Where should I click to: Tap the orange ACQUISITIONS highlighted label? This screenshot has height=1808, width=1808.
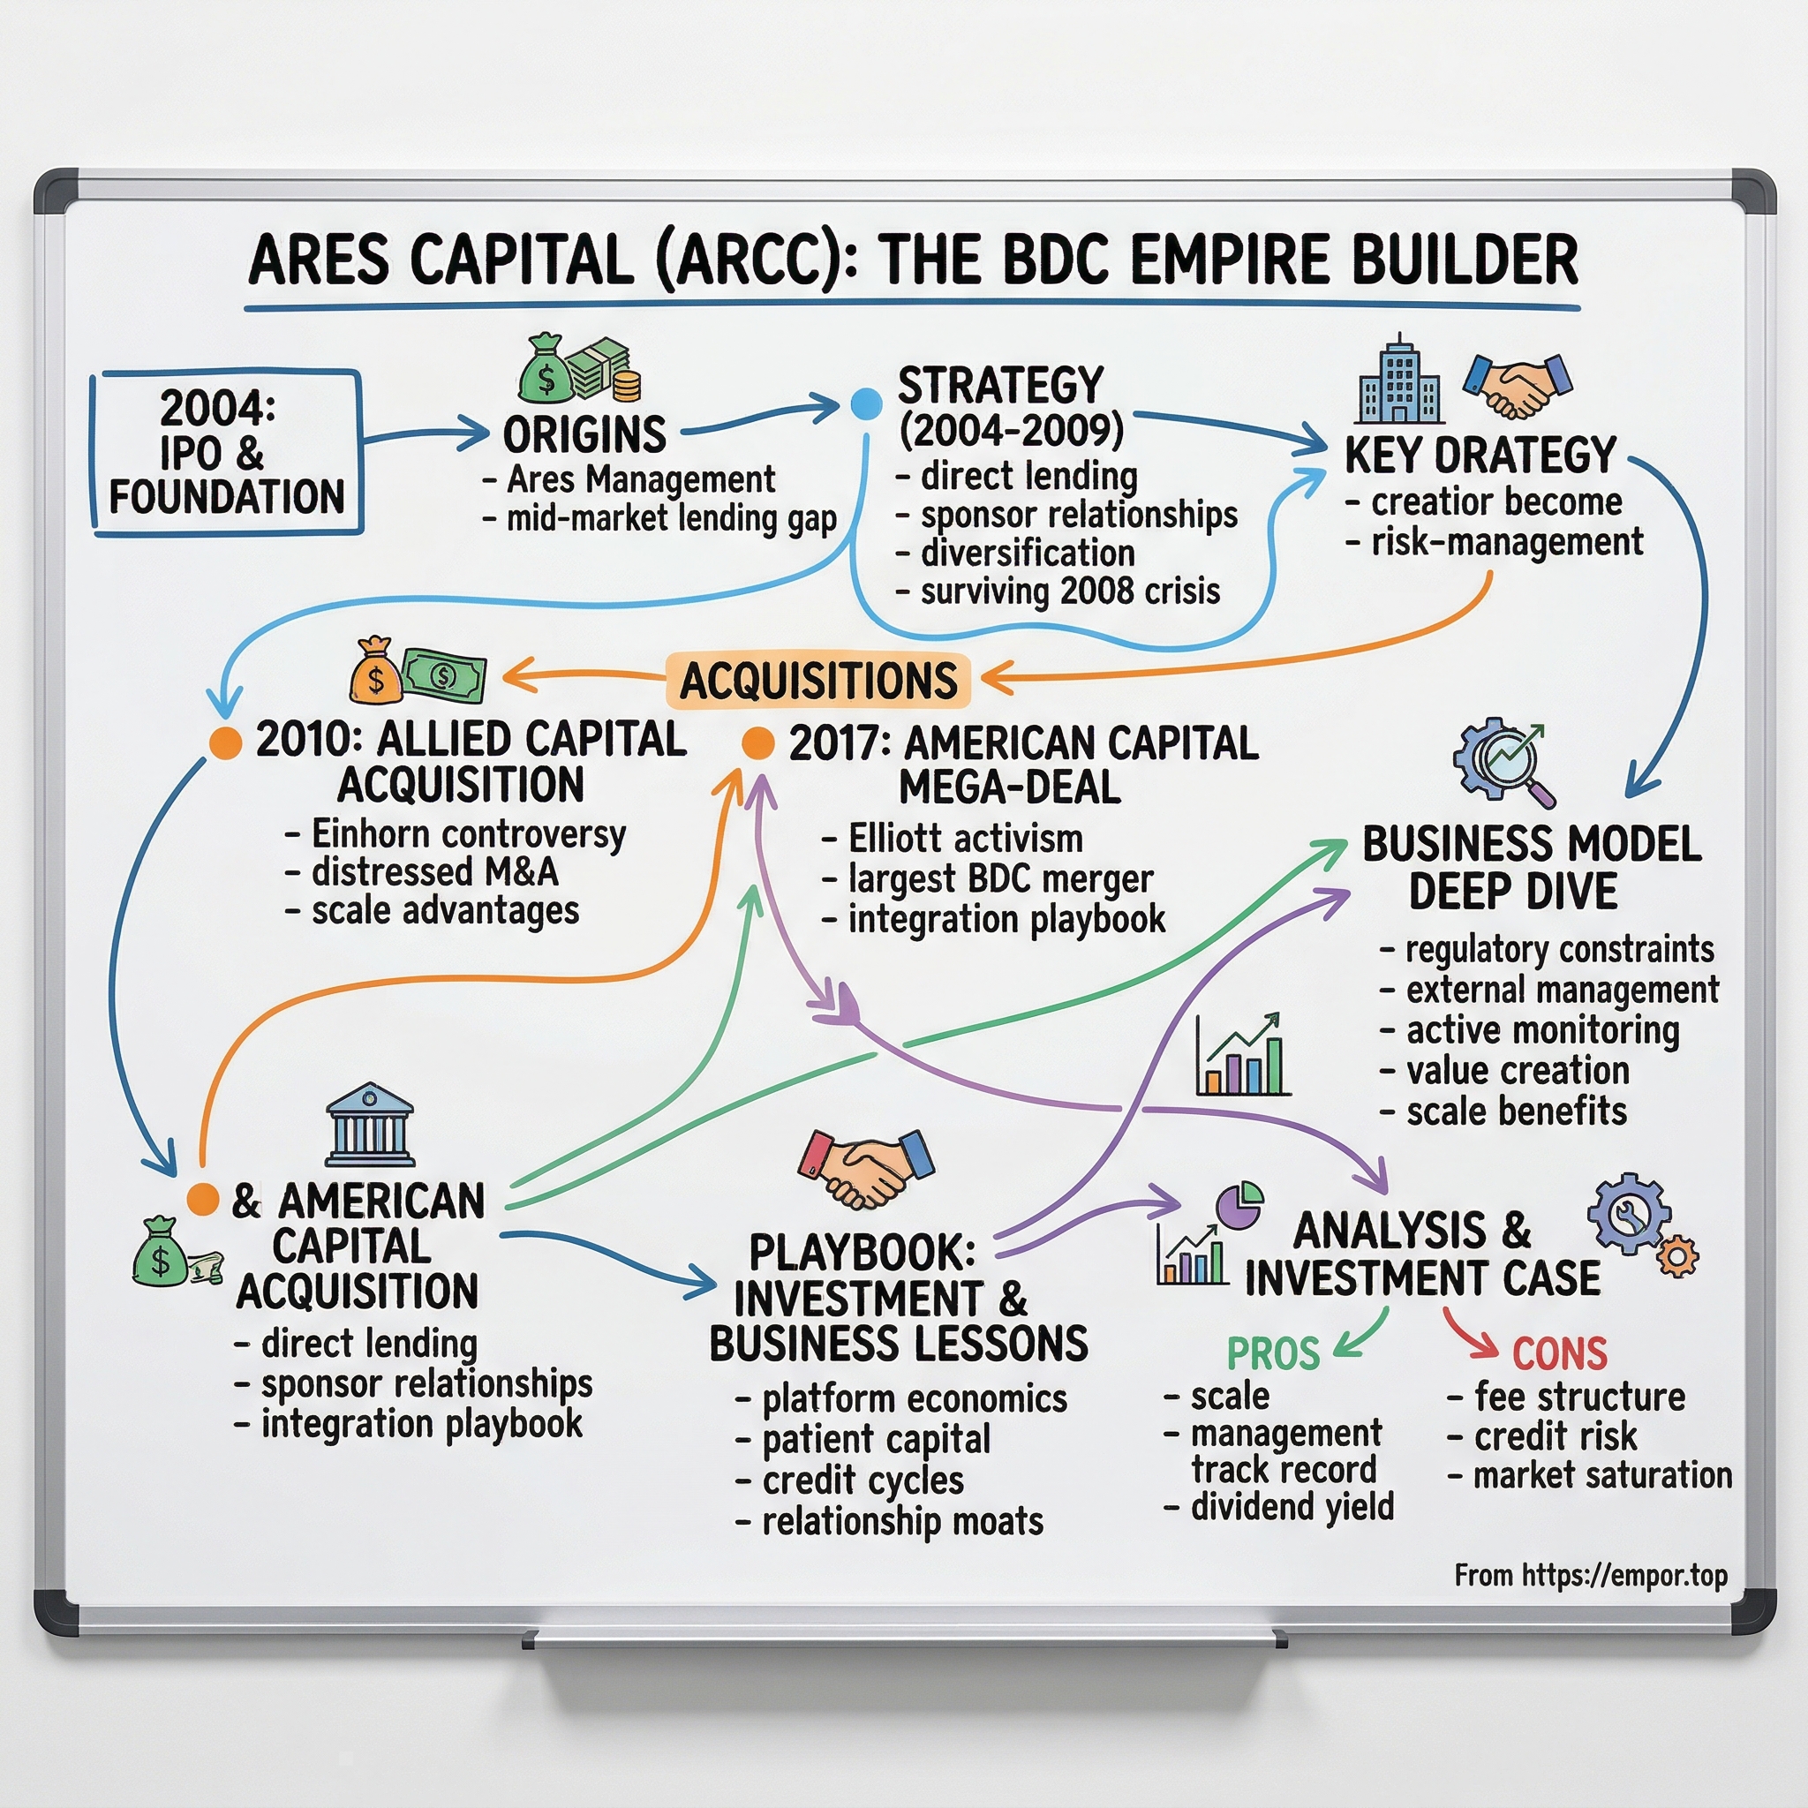tap(817, 681)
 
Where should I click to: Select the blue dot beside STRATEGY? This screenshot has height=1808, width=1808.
tap(867, 404)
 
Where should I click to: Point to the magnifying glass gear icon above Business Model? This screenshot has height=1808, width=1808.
tap(1503, 761)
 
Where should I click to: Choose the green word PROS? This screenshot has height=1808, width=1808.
tap(1273, 1352)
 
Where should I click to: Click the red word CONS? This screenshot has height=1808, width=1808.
tap(1559, 1352)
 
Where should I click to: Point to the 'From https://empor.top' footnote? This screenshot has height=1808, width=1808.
tap(1591, 1576)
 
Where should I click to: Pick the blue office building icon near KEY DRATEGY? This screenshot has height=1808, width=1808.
tap(1398, 381)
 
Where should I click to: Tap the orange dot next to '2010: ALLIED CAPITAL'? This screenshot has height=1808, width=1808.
tap(225, 742)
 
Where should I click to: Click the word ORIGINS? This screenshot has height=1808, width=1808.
tap(585, 434)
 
